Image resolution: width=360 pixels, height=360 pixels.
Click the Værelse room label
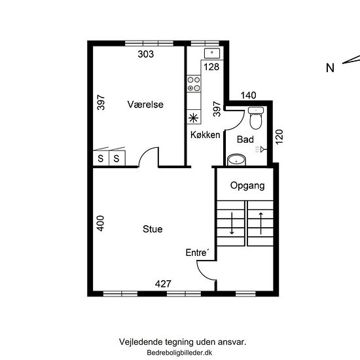[x=145, y=105]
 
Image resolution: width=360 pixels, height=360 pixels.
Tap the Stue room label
[x=153, y=229]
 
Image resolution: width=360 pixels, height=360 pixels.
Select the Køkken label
[x=206, y=135]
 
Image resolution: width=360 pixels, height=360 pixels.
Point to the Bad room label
[x=245, y=139]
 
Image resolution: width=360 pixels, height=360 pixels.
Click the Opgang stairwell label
[x=247, y=185]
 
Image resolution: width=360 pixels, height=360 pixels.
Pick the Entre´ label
[x=197, y=253]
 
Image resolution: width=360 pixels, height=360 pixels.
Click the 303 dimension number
[x=146, y=54]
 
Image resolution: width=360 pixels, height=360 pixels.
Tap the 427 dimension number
[x=163, y=284]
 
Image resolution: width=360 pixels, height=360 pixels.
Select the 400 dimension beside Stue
[x=100, y=223]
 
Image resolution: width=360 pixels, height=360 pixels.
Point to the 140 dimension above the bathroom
[x=249, y=96]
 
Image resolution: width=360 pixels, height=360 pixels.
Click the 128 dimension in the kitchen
[x=211, y=67]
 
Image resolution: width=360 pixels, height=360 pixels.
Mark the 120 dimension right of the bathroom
[x=279, y=137]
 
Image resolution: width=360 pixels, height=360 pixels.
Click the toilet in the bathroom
[x=256, y=118]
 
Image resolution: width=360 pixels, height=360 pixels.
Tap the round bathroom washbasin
[x=236, y=160]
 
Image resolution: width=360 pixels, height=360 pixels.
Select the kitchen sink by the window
[x=212, y=53]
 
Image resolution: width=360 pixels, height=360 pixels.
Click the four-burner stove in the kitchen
[x=194, y=84]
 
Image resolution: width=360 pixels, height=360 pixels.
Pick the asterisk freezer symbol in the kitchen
[x=193, y=118]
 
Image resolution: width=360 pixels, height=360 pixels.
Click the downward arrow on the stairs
[x=232, y=223]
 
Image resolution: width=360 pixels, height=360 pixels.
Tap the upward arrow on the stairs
[x=261, y=223]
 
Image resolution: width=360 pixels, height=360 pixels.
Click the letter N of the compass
[x=330, y=68]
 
